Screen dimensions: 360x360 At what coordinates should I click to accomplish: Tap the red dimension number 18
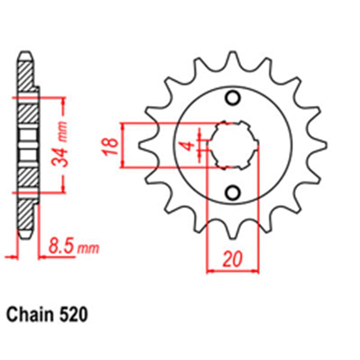[112, 146]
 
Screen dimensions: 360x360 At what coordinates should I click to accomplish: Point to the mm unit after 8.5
[89, 249]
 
